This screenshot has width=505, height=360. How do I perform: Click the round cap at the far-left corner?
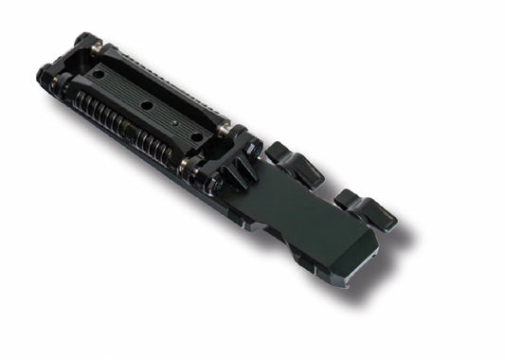click(x=44, y=74)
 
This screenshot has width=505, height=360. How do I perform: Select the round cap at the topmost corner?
click(x=85, y=40)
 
